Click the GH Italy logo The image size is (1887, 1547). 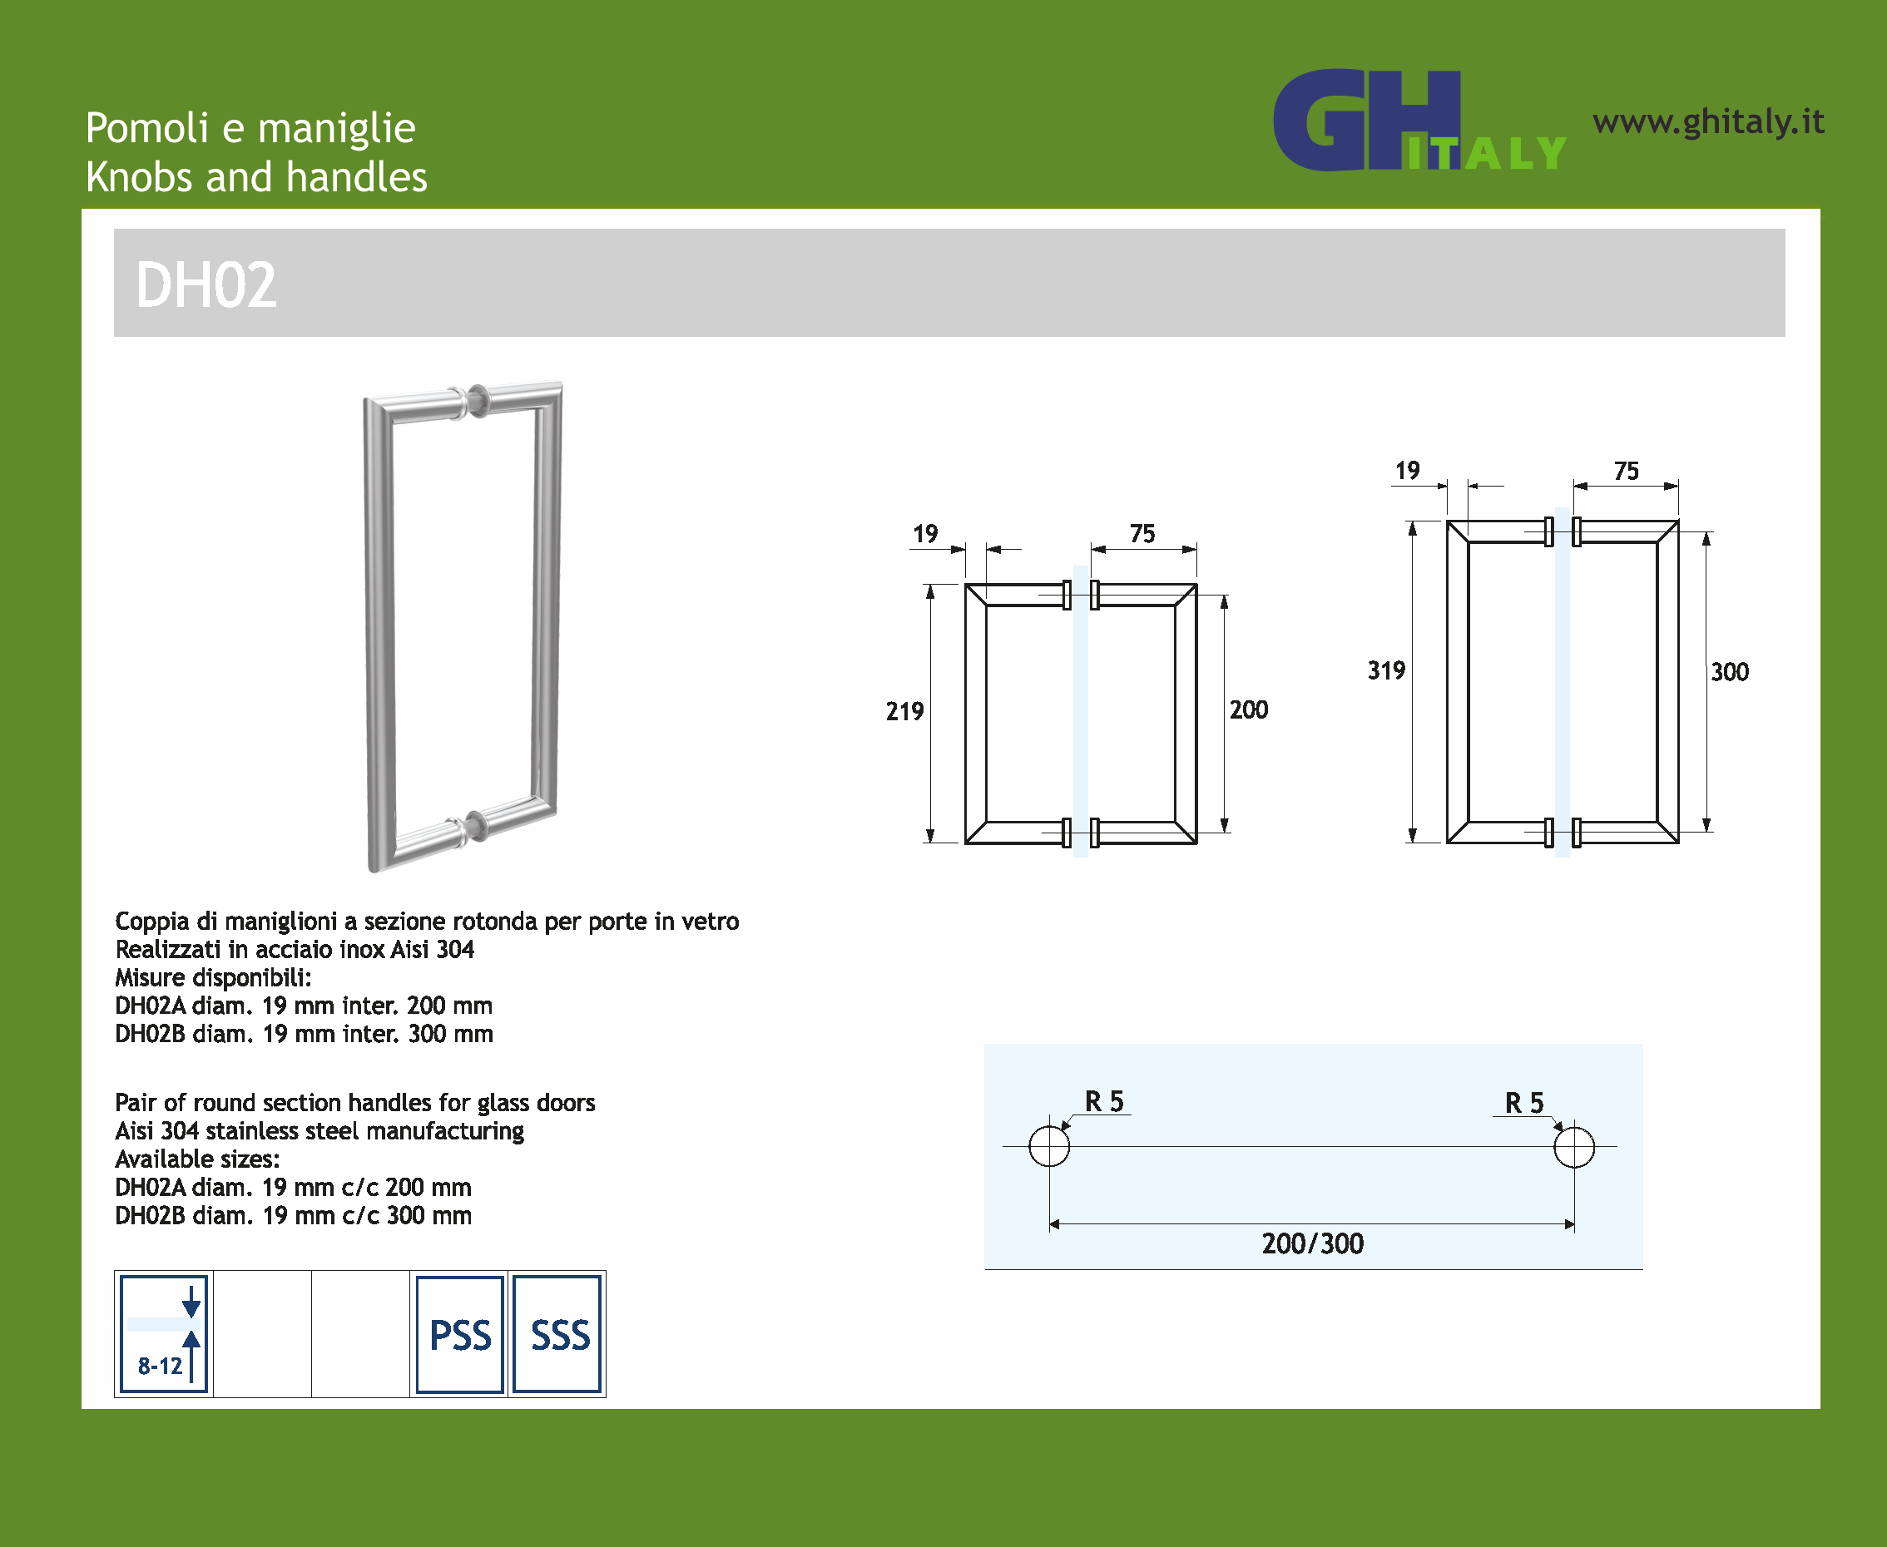pyautogui.click(x=1419, y=121)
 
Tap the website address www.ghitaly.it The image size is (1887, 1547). pyautogui.click(x=1708, y=122)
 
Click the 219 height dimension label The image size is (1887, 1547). pyautogui.click(x=904, y=711)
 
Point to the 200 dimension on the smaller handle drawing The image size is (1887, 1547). pyautogui.click(x=1249, y=709)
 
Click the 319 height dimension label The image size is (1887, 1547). pyautogui.click(x=1386, y=670)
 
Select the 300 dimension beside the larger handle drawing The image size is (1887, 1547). pyautogui.click(x=1730, y=672)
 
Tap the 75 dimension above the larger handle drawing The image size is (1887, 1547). pyautogui.click(x=1627, y=471)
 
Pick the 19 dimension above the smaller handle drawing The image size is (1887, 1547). pyautogui.click(x=925, y=534)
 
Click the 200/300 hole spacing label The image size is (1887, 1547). pyautogui.click(x=1313, y=1243)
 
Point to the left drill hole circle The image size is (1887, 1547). pyautogui.click(x=1049, y=1146)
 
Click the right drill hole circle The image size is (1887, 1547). pyautogui.click(x=1574, y=1147)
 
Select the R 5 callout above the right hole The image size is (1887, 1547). pyautogui.click(x=1524, y=1102)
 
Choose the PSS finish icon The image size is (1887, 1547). pyautogui.click(x=460, y=1334)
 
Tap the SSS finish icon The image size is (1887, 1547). pyautogui.click(x=557, y=1334)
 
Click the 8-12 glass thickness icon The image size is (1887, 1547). pyautogui.click(x=164, y=1334)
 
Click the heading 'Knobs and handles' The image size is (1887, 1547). pyautogui.click(x=257, y=177)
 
